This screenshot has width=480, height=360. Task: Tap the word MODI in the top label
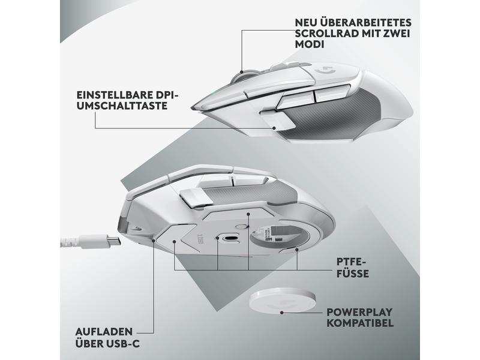[308, 45]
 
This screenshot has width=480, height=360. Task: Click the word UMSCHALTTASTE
[122, 106]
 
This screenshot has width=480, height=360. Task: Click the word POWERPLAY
[360, 313]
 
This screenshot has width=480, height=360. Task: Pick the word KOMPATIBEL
[360, 324]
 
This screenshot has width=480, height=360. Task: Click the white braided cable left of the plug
[78, 242]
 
